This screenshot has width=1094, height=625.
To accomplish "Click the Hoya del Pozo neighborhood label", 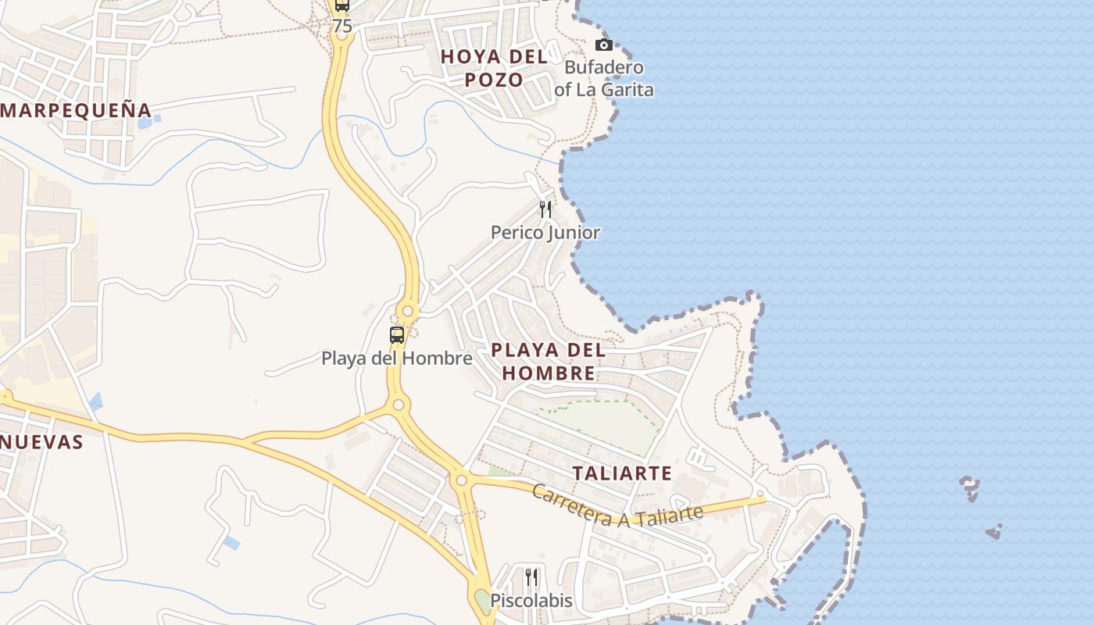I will [x=493, y=68].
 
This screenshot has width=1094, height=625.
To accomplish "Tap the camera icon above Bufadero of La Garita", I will [x=603, y=45].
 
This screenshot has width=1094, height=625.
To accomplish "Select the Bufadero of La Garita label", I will [x=603, y=78].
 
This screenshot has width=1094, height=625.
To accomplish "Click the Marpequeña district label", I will [x=75, y=110].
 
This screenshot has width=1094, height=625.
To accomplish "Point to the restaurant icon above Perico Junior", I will [x=545, y=209].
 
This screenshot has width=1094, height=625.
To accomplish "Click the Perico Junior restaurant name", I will [x=545, y=232].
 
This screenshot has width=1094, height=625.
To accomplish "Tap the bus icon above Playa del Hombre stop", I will [x=397, y=335].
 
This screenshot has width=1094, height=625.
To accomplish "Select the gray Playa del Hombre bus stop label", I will [x=397, y=359].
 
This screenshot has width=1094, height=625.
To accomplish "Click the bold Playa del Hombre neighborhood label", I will [x=548, y=361].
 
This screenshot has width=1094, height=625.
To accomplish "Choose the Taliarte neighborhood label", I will [x=622, y=473].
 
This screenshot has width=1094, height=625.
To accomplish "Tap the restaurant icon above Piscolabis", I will [x=531, y=577].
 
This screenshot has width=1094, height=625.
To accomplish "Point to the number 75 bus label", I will [x=342, y=26].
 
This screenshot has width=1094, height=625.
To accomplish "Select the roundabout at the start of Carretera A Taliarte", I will [x=462, y=480].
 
